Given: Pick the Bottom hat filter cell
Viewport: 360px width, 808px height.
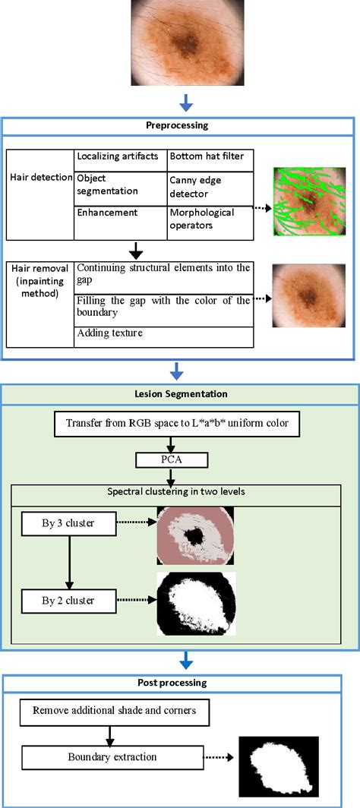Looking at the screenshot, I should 208,156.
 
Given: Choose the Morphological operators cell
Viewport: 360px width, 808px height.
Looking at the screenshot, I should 208,219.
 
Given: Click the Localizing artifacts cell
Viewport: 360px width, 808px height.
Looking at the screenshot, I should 120,156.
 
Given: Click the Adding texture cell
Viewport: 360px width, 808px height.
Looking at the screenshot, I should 163,333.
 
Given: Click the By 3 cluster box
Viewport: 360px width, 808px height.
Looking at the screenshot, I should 68,522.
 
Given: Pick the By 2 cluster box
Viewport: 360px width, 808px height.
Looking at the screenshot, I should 68,601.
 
